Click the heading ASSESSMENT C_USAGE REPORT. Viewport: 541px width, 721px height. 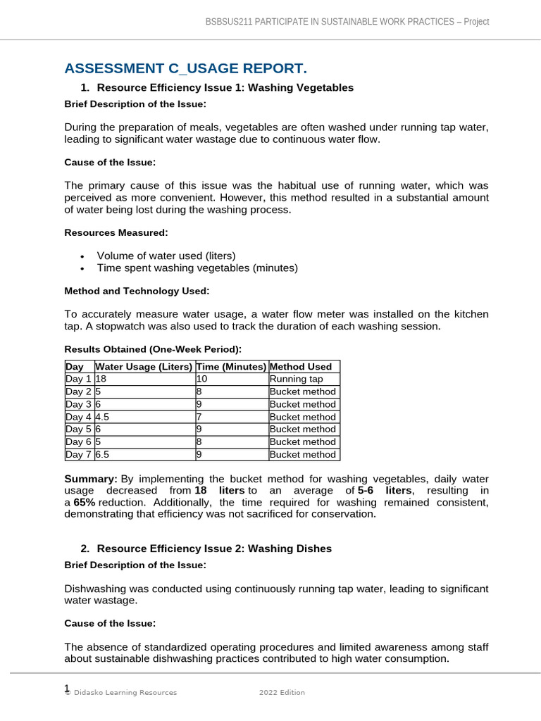[186, 68]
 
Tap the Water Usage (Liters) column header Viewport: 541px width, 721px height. [144, 366]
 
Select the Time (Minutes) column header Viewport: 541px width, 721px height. [231, 366]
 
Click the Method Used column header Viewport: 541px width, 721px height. [300, 366]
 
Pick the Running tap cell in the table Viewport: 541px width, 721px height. [296, 379]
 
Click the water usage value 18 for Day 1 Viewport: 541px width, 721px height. [101, 379]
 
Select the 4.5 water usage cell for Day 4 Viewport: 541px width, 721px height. [102, 417]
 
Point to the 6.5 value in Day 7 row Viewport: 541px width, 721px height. [102, 455]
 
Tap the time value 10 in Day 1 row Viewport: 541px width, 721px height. [202, 379]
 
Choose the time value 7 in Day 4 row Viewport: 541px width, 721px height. [199, 417]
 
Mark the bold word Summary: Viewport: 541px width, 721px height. [91, 479]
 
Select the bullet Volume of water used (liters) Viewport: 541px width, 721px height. [166, 256]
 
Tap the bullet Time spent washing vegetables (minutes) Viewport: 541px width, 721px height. [197, 268]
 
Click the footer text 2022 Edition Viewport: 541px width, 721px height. [282, 693]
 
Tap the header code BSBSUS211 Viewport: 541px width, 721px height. [225, 22]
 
